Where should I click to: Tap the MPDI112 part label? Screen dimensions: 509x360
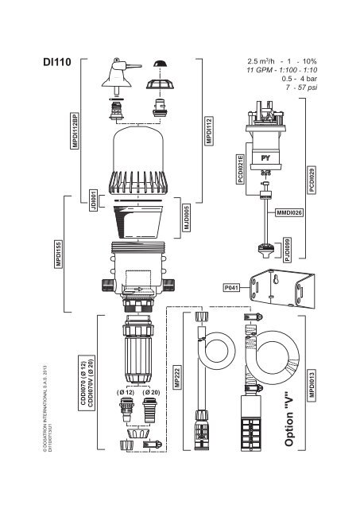point(209,130)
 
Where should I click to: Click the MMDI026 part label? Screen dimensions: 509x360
point(290,213)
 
